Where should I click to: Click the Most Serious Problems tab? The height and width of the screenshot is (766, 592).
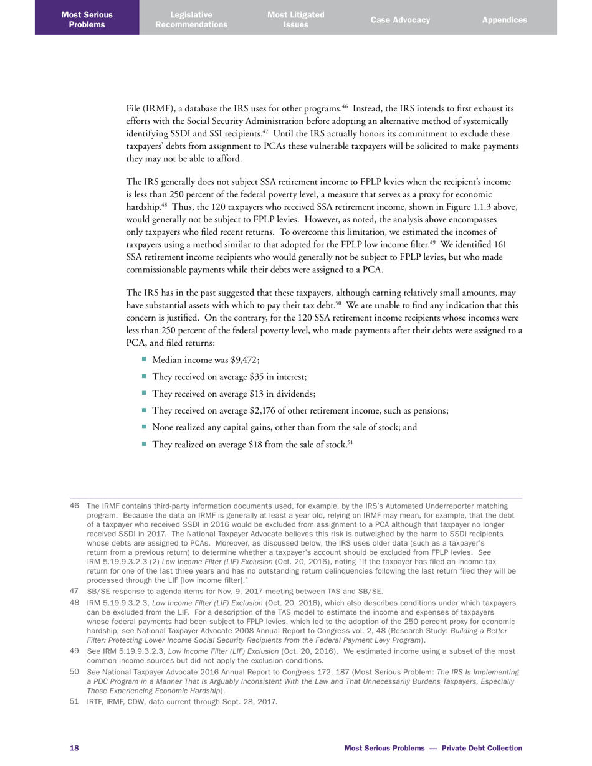[x=87, y=19]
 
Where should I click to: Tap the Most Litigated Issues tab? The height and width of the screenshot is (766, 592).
[x=295, y=19]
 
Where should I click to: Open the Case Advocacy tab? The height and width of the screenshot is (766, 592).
[x=400, y=20]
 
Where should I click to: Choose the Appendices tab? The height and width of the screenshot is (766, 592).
[x=504, y=20]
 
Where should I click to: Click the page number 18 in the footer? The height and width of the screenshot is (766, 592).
[x=74, y=748]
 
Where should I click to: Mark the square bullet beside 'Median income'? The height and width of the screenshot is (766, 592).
[x=145, y=359]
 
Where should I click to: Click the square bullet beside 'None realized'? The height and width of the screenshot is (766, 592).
[x=145, y=427]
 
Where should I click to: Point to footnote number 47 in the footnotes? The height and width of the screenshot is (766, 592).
[x=74, y=591]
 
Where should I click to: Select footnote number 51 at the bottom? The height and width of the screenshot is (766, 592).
[x=74, y=702]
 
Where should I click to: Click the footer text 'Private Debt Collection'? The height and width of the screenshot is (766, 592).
[x=482, y=748]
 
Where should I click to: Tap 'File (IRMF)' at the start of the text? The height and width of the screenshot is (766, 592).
[x=150, y=109]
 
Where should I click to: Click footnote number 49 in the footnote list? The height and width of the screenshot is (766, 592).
[x=74, y=651]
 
